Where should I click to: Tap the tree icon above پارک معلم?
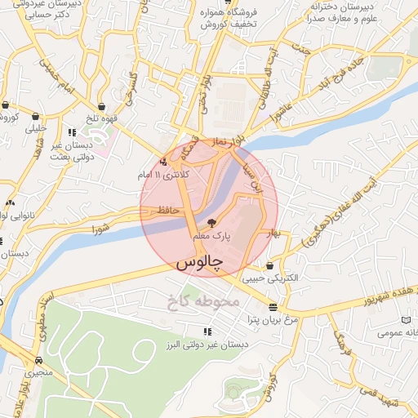(212, 222)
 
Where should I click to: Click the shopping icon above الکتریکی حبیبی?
(270, 265)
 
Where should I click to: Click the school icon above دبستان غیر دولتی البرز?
(207, 331)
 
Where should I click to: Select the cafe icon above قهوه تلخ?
(101, 106)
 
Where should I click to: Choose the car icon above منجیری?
(38, 360)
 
